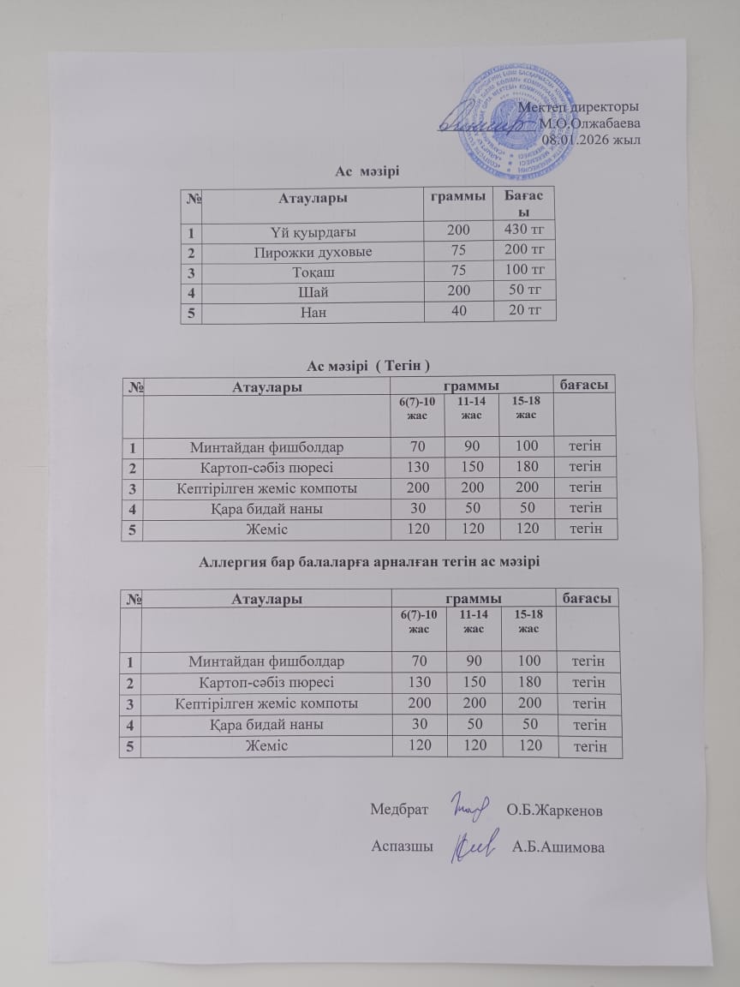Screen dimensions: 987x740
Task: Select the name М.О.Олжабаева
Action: pos(588,123)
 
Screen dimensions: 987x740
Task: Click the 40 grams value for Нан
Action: pos(460,311)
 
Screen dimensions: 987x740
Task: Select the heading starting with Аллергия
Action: pos(369,562)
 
